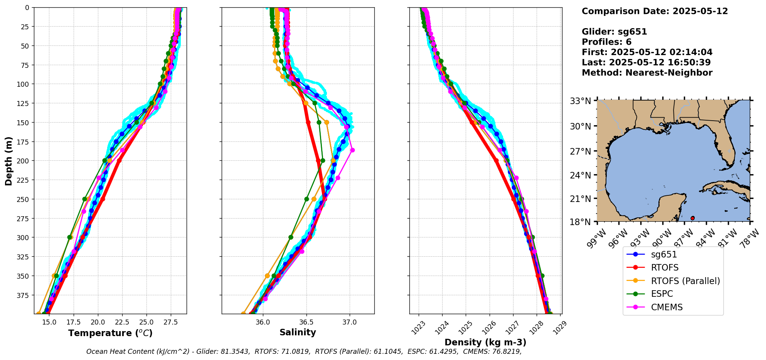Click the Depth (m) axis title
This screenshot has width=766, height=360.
coord(9,161)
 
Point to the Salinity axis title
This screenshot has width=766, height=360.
coord(298,333)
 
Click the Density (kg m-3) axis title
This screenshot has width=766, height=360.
coord(485,342)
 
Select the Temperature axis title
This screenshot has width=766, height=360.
coord(110,333)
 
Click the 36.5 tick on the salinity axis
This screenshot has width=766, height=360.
coord(306,322)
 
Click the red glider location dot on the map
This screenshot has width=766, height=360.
coord(692,218)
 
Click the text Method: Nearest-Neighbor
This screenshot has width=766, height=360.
coord(647,73)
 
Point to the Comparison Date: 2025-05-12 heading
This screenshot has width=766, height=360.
coord(655,11)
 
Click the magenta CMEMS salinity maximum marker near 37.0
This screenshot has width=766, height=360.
coord(352,150)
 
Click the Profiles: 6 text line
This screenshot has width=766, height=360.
coord(606,42)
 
